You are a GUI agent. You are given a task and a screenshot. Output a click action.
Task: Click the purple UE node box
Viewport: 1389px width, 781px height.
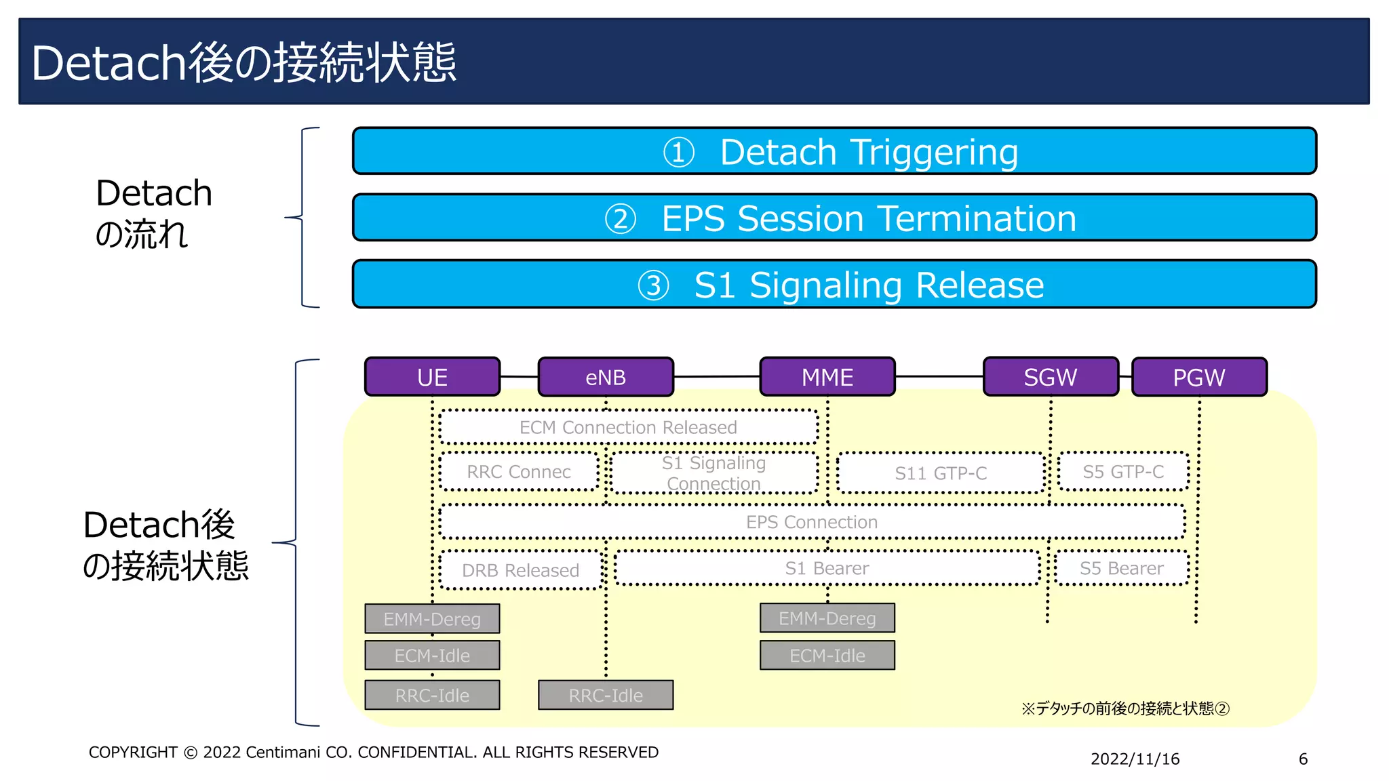click(432, 377)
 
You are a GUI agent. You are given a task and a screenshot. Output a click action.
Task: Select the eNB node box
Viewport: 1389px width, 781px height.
click(606, 377)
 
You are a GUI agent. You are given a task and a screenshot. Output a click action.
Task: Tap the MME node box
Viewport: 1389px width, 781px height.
click(827, 377)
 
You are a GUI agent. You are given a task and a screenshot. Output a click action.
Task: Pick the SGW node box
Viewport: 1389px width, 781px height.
click(1051, 377)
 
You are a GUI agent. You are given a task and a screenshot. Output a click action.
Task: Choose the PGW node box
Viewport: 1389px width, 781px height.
click(1199, 377)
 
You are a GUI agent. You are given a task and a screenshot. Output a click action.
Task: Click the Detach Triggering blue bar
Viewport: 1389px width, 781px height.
click(834, 151)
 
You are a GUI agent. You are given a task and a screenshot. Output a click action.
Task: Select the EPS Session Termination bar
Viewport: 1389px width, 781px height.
click(834, 218)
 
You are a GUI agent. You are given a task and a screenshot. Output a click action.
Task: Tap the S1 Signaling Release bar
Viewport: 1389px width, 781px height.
click(834, 284)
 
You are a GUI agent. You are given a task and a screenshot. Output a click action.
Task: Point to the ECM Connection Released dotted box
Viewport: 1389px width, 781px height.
click(628, 427)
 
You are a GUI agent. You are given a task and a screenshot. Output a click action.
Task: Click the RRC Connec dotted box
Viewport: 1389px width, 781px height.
click(519, 472)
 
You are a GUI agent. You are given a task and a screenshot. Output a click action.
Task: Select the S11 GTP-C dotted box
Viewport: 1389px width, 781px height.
click(941, 473)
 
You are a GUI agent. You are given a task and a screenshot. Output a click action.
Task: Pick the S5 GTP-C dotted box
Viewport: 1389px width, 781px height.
click(1123, 472)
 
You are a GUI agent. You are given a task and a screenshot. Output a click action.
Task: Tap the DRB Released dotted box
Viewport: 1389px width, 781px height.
click(520, 570)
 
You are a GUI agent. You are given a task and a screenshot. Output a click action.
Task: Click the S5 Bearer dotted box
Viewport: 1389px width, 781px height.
click(1122, 568)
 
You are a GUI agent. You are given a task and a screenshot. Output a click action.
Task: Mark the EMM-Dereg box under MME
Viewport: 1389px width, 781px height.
click(827, 618)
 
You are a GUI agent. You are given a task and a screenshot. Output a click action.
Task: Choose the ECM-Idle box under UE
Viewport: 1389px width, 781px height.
click(432, 656)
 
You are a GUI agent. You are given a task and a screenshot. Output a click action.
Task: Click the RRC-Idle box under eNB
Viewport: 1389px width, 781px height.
click(606, 696)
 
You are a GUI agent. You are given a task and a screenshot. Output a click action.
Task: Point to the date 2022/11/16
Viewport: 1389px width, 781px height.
click(1135, 759)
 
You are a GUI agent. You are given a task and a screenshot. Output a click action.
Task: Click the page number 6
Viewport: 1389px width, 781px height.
click(1303, 759)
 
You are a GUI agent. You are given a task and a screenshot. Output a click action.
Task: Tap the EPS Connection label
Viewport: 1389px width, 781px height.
click(812, 522)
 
